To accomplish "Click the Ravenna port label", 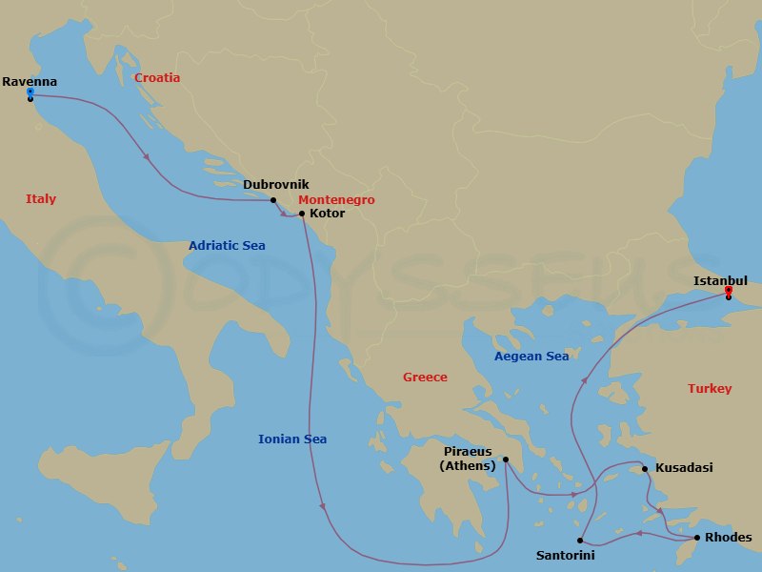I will click(30, 82).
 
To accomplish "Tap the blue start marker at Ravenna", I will click(30, 92).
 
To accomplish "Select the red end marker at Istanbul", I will click(729, 290).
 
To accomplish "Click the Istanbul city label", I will click(720, 280).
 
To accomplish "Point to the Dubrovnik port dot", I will click(273, 200).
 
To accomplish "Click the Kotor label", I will click(328, 214).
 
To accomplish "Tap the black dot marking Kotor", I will click(302, 214).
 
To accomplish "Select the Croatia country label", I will click(157, 78).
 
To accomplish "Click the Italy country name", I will click(41, 199).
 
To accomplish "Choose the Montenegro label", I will click(336, 200).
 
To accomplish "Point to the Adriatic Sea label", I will click(227, 246).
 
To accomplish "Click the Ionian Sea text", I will click(292, 439).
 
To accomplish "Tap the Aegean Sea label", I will click(531, 357).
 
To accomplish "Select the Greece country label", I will click(425, 378).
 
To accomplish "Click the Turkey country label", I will click(710, 389).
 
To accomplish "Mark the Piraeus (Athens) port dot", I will click(506, 460).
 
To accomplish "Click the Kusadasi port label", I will click(684, 468).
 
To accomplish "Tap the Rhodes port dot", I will click(696, 539).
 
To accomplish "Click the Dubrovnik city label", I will click(276, 185).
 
